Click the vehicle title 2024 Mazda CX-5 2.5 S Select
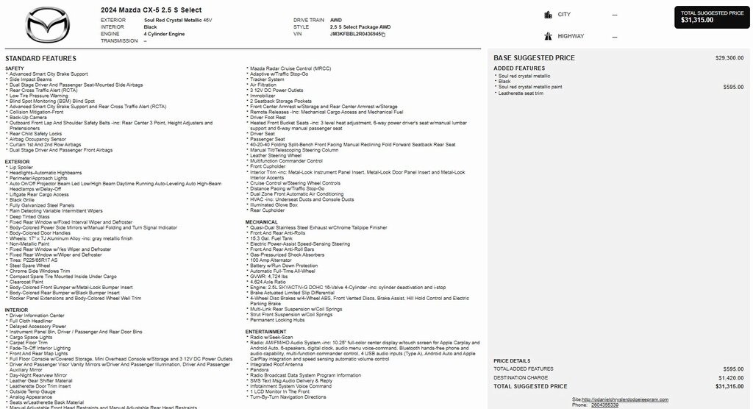(x=151, y=10)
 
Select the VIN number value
(x=356, y=34)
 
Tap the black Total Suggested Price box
(x=712, y=17)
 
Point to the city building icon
(x=548, y=15)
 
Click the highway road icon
(x=548, y=36)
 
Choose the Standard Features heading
(x=40, y=58)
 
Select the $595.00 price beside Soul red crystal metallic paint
(x=732, y=87)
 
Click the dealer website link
(x=624, y=399)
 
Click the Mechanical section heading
(x=262, y=221)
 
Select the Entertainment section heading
(x=266, y=332)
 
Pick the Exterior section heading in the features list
(x=18, y=162)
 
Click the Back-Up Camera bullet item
(x=29, y=117)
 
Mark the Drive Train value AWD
(x=335, y=20)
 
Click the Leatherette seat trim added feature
(x=521, y=93)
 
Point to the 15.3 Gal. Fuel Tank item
(x=271, y=238)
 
